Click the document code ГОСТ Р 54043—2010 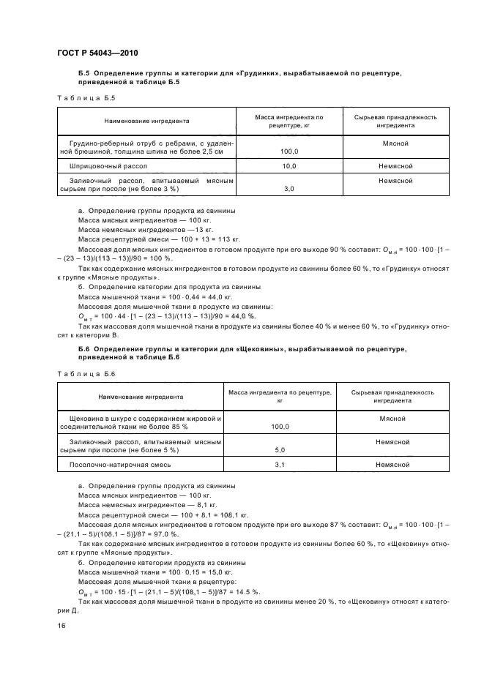pos(97,53)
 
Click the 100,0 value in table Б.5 pos(288,151)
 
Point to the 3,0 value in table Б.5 pos(288,189)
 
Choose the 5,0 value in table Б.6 pos(279,450)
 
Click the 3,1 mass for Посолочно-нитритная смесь pos(279,465)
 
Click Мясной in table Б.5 pos(395,144)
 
